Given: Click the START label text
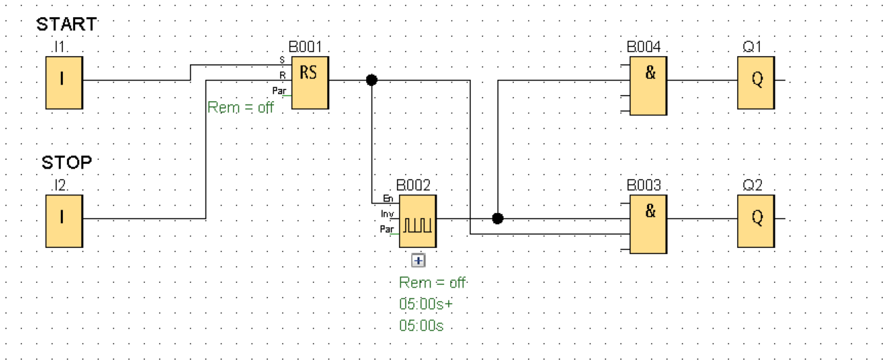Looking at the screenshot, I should coord(66,25).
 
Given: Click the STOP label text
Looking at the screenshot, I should coord(66,163).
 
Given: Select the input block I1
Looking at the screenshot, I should coord(64,83).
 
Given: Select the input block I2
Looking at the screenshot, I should coord(64,221).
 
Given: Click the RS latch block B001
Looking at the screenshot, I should coord(310,82).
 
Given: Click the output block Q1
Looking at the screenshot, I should coord(756,82).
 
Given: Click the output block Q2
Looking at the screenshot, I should coord(756,220).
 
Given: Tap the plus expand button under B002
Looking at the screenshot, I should coord(418,260).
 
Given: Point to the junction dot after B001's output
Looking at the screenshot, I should coord(372,80).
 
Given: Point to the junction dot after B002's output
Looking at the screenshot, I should coord(498,219).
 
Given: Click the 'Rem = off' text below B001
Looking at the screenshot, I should coord(241,108).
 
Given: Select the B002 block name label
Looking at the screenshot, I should coord(413,185).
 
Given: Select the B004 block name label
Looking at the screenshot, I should coord(644,47).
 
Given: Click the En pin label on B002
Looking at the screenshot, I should coord(388,198).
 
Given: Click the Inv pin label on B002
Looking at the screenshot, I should coord(387,214).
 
